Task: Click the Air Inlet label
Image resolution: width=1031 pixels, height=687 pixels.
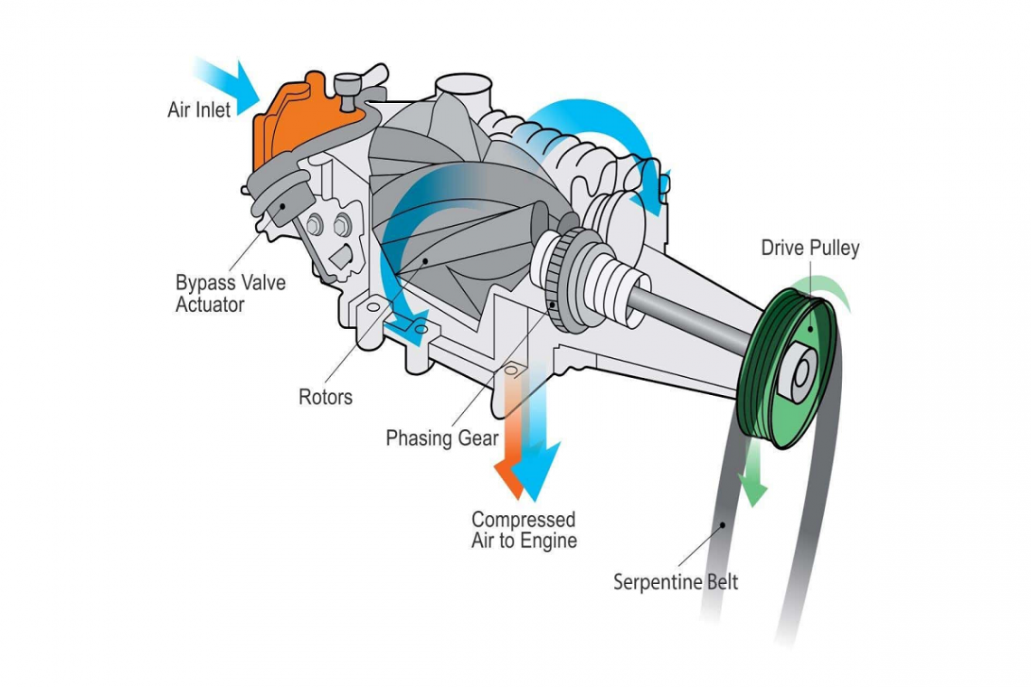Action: (199, 109)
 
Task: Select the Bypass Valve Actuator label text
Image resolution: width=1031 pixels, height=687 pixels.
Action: (230, 294)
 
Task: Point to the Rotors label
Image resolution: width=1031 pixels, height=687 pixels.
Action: (325, 397)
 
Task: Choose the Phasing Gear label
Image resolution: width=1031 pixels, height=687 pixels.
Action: (441, 438)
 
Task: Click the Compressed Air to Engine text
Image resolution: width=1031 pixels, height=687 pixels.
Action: (523, 531)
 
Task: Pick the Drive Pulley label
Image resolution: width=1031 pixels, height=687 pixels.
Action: (809, 248)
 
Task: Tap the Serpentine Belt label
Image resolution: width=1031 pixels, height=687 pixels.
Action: (676, 582)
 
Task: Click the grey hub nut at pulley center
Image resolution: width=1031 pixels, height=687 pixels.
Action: (799, 372)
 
